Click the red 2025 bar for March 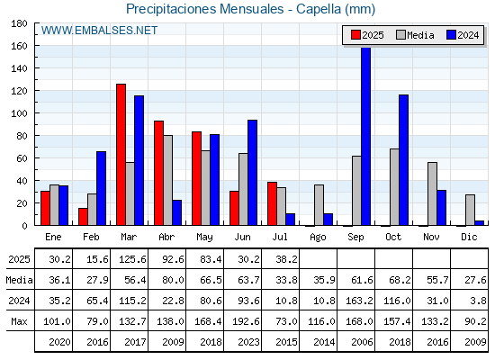pos(121,155)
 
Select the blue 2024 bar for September pos(365,136)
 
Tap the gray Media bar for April pos(167,180)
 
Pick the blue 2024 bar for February pos(101,188)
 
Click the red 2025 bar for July pos(272,203)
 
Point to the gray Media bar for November pos(432,193)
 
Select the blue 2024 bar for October pos(404,160)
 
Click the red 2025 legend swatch pos(355,35)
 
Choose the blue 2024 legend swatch pos(451,35)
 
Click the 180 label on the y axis pos(19,23)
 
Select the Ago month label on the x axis pos(318,238)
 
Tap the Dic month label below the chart pos(469,237)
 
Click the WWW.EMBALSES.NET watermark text pos(99,31)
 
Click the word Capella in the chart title pos(319,9)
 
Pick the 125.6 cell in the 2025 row pos(132,259)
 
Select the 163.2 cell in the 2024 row pos(359,301)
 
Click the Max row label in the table pos(19,321)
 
